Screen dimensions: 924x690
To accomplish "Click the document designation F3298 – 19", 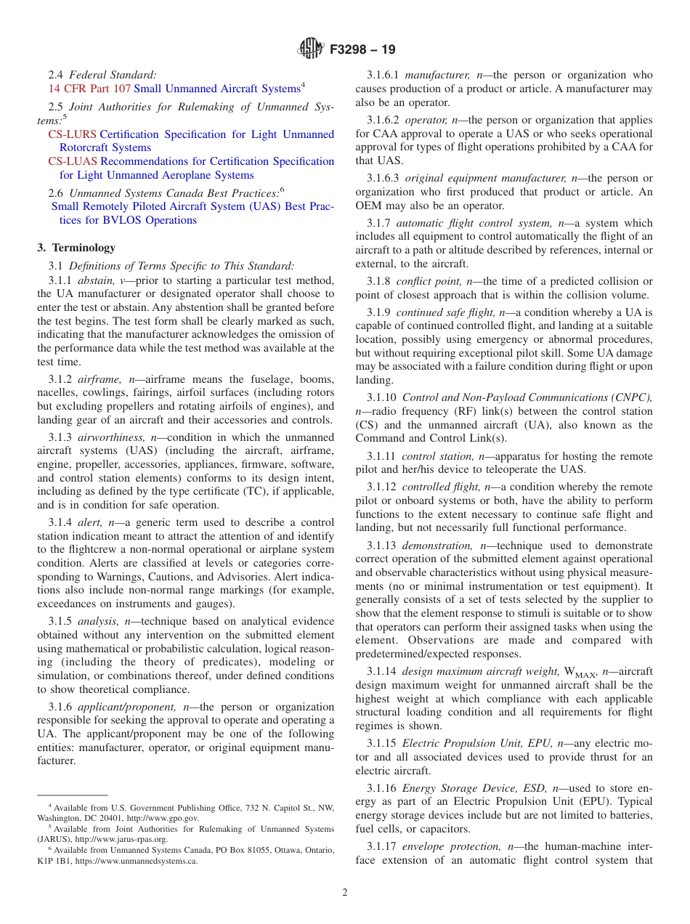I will [362, 50].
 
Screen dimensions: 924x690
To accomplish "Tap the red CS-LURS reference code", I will [72, 134].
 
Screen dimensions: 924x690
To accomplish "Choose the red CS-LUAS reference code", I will [72, 161].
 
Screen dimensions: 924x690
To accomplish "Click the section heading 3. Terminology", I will [76, 248].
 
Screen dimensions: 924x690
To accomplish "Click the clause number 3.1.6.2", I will [383, 120].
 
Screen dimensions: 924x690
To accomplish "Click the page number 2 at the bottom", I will [345, 893].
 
